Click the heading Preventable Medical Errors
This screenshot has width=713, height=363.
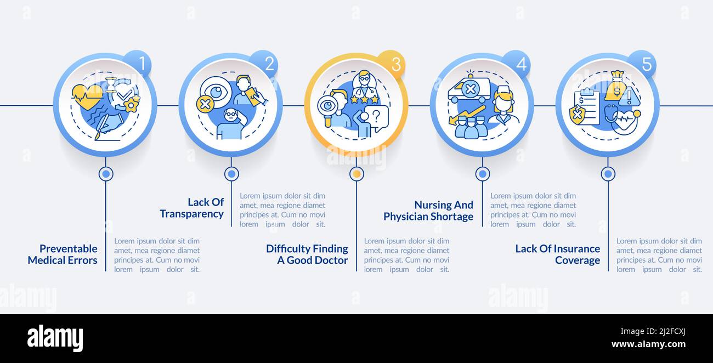coord(63,254)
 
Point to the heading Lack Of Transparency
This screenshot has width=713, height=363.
coord(192,208)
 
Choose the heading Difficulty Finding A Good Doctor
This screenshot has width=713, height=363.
coord(307,254)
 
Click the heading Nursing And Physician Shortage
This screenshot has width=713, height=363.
coord(428,211)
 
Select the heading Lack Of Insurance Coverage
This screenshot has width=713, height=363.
coord(558,254)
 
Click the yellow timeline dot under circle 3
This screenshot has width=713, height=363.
coord(357,174)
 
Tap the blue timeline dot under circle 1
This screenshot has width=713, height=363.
coord(106,174)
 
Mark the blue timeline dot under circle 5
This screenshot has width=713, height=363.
coord(608,174)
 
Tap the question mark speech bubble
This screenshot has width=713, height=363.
coord(377,116)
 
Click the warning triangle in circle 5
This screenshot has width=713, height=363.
coord(629,98)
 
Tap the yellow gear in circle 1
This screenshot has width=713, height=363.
coord(132,104)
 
